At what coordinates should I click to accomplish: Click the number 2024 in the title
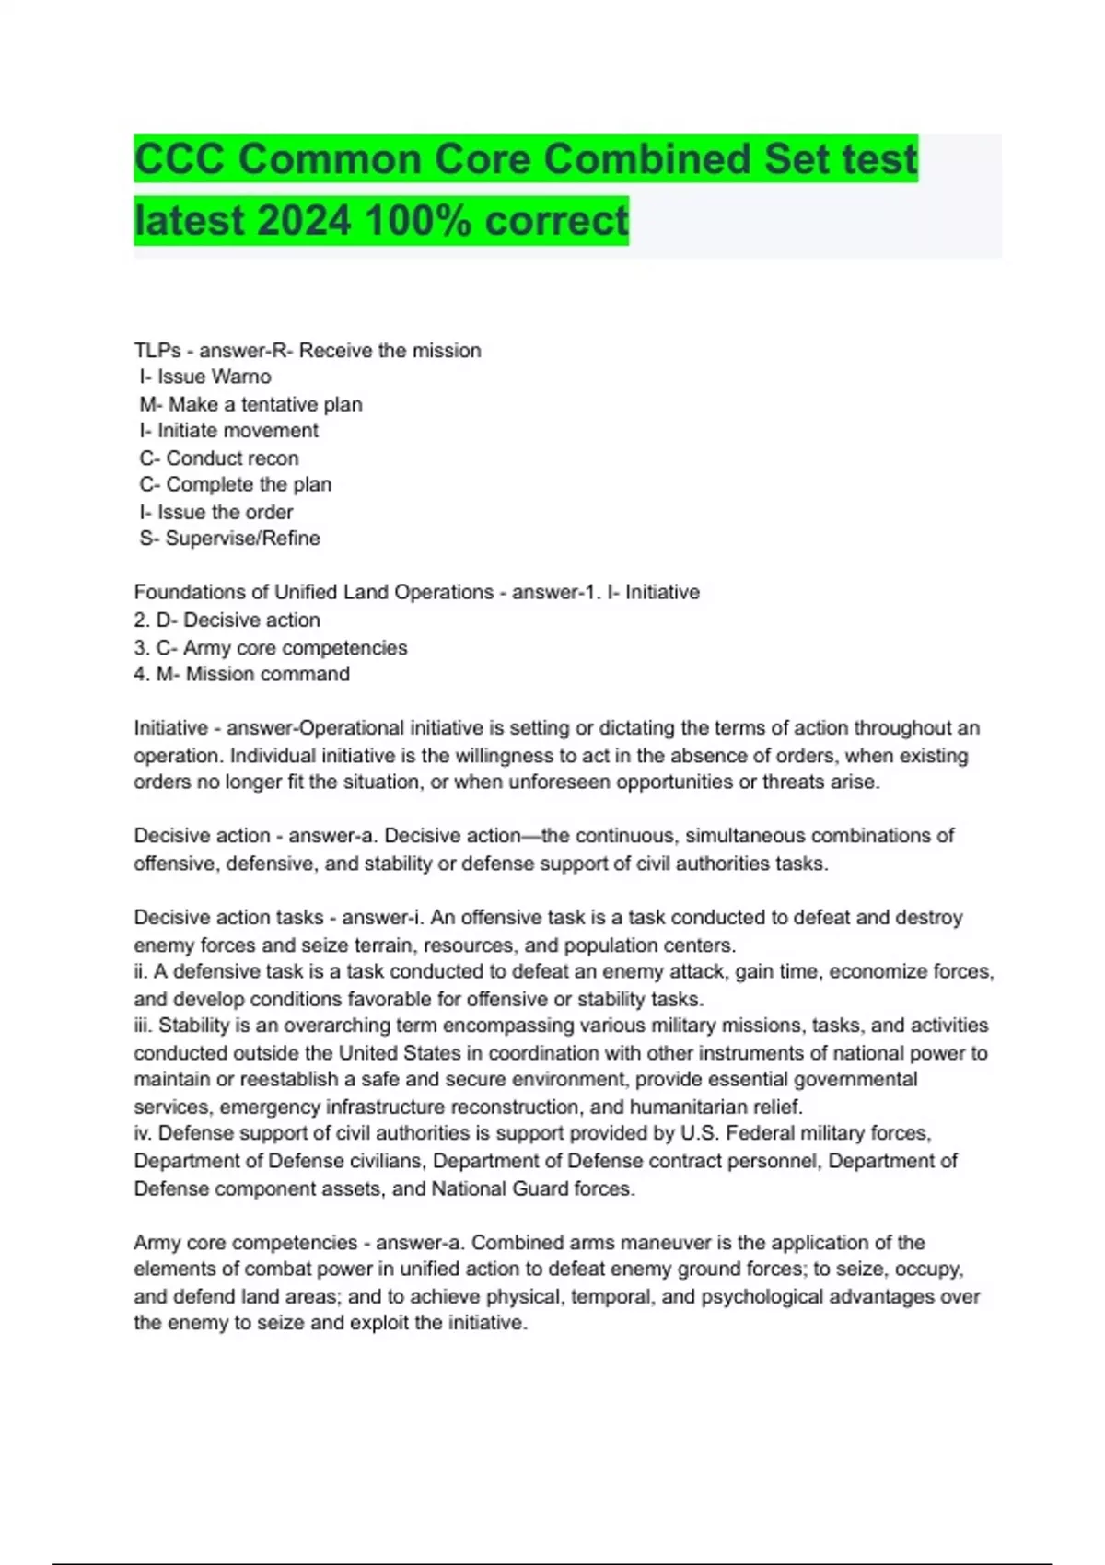tap(304, 220)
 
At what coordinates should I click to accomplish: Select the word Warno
tap(242, 377)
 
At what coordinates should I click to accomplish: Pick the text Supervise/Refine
tap(243, 539)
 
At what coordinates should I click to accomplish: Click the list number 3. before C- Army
tap(141, 647)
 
